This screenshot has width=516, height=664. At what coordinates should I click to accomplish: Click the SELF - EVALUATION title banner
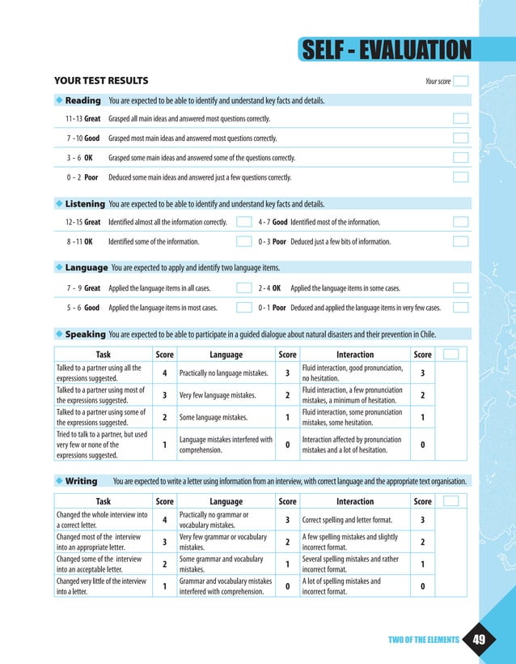(x=385, y=50)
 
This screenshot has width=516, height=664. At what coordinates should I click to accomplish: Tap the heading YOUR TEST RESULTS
(x=101, y=81)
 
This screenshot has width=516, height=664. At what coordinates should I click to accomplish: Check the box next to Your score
(x=461, y=81)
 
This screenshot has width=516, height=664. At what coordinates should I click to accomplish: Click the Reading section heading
(x=82, y=101)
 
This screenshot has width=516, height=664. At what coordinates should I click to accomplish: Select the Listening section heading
(x=85, y=204)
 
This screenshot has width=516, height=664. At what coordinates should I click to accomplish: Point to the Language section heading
(x=87, y=267)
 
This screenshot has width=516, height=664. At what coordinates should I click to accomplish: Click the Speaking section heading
(x=85, y=334)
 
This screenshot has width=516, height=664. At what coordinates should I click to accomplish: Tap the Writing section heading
(x=81, y=481)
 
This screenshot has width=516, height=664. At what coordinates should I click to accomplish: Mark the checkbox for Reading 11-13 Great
(x=461, y=119)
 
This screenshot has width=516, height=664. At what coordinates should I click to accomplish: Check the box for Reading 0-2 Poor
(x=461, y=177)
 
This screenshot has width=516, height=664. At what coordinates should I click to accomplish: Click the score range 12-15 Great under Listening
(x=83, y=222)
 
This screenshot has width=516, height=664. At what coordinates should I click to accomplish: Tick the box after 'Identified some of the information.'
(x=243, y=241)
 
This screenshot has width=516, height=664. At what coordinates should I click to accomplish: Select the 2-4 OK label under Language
(x=269, y=288)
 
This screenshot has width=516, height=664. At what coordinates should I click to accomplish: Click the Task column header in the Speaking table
(x=104, y=355)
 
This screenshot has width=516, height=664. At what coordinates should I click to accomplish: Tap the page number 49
(x=480, y=641)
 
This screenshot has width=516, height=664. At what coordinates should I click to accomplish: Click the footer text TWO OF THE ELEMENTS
(x=423, y=641)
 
